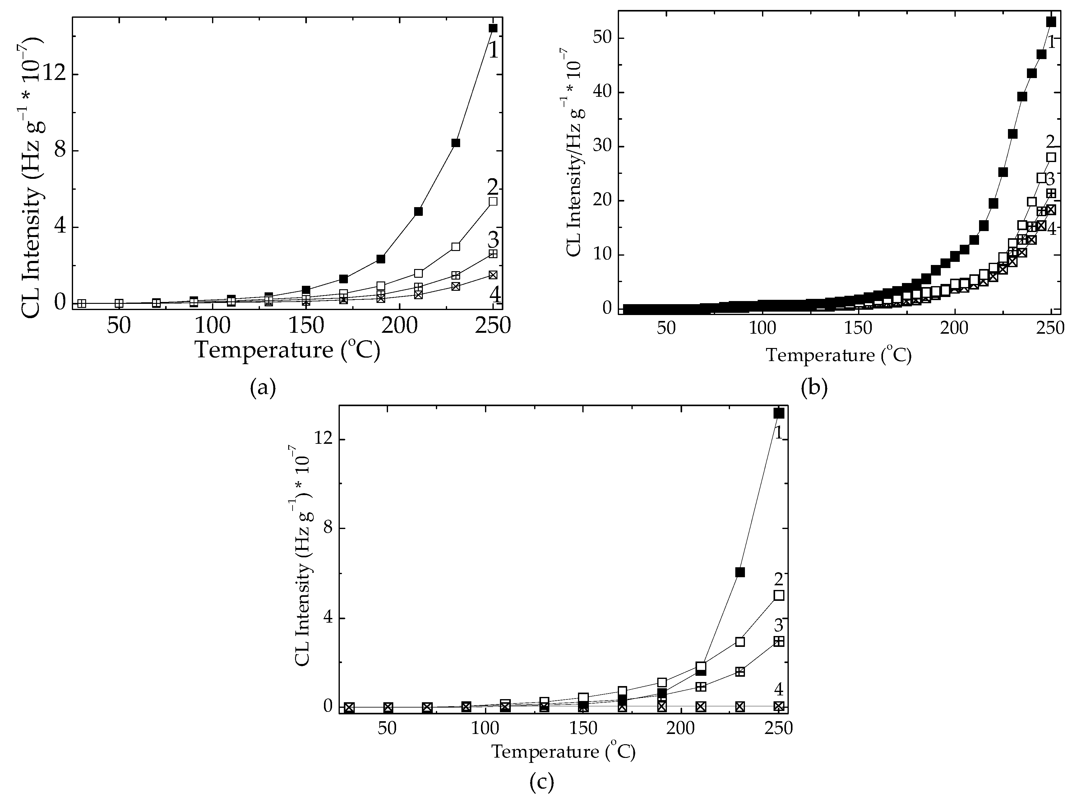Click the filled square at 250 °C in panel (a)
[493, 28]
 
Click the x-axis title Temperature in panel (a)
[264, 350]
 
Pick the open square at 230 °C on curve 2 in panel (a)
[455, 246]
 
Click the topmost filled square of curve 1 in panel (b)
[1051, 22]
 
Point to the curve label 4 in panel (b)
[1052, 228]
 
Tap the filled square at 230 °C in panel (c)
[740, 572]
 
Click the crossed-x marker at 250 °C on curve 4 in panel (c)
[778, 706]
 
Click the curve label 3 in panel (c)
[778, 624]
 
